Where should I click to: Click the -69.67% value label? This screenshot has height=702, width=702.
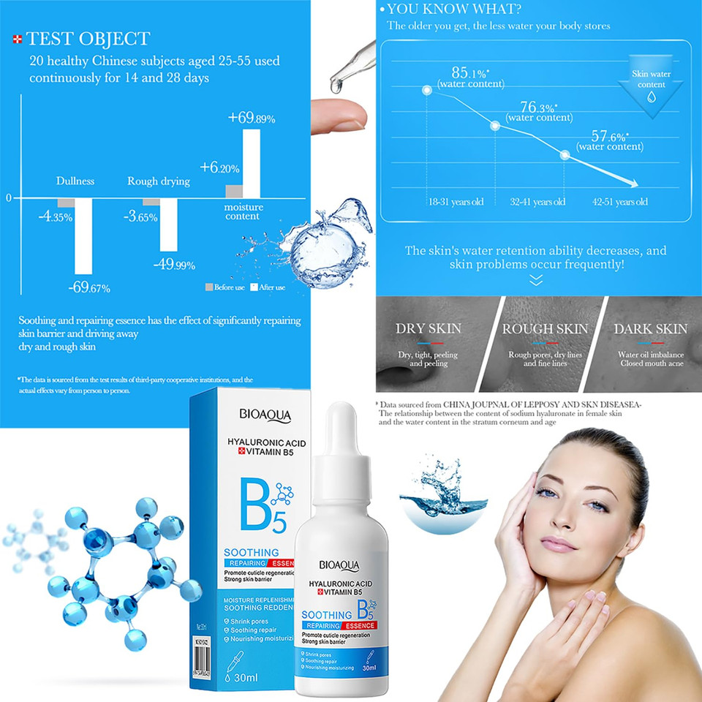[x=89, y=287]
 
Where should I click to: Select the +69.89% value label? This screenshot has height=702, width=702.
[x=252, y=118]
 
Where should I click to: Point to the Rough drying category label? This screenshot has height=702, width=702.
[x=159, y=181]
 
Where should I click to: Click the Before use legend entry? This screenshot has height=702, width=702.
[x=224, y=287]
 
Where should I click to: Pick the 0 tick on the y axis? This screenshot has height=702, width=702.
[x=9, y=198]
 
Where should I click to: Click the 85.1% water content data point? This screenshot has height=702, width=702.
[x=426, y=91]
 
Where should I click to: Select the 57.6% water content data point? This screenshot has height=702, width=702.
[x=565, y=154]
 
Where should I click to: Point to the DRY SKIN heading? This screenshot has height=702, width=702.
[x=429, y=329]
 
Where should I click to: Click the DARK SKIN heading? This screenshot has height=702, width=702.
[x=650, y=329]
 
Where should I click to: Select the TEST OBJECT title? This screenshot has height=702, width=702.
[x=88, y=39]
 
